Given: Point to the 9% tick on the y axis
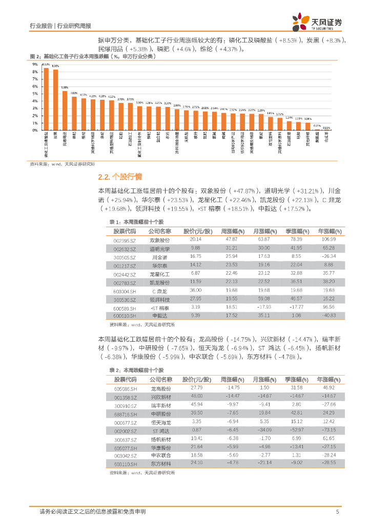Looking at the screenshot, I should (35, 65).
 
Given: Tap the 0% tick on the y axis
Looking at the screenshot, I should (35, 130).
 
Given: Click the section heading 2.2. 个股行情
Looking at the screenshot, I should (116, 178).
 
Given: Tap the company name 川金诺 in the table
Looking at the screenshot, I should (159, 257).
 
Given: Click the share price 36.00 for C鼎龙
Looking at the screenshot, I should (195, 290).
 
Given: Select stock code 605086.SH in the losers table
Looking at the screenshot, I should (126, 389).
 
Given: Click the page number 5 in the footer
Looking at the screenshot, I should (337, 511).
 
